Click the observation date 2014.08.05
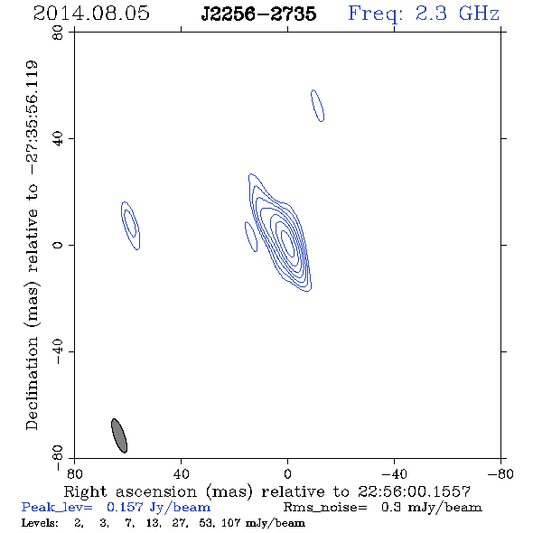click(91, 14)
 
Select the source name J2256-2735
click(258, 14)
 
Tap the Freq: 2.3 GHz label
click(424, 14)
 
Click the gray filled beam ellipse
click(119, 435)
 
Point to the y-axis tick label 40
click(58, 139)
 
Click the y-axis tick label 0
click(58, 245)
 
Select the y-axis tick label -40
click(58, 351)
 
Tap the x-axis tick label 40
click(181, 474)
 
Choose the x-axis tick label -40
click(394, 474)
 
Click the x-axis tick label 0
click(287, 474)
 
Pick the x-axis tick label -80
click(500, 474)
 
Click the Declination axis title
click(32, 245)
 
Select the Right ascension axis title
click(267, 491)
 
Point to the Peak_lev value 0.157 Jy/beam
click(158, 508)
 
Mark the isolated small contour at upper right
click(317, 106)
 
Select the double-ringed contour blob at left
click(130, 226)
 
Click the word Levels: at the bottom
click(40, 522)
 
